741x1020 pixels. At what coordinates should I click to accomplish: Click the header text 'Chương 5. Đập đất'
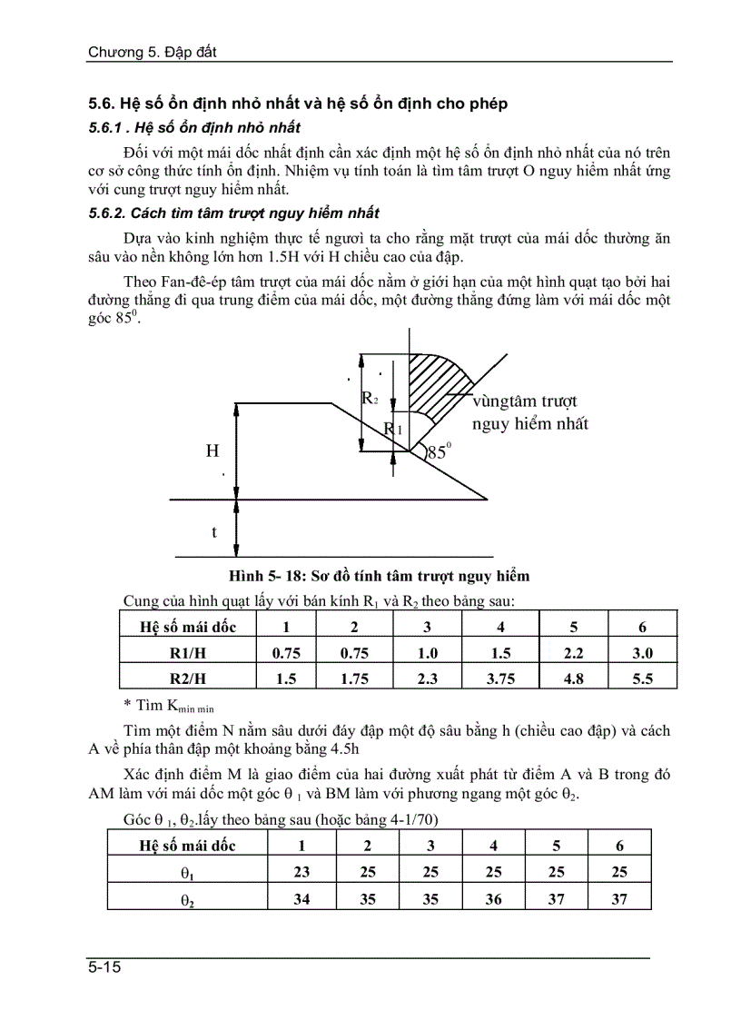pyautogui.click(x=152, y=52)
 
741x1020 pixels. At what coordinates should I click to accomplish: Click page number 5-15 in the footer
pyautogui.click(x=105, y=967)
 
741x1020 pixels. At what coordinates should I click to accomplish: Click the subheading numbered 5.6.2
pyautogui.click(x=233, y=213)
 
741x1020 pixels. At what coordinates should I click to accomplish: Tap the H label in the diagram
pyautogui.click(x=212, y=451)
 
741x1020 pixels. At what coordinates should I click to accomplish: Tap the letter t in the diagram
pyautogui.click(x=214, y=532)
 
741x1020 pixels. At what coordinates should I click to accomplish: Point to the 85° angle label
pyautogui.click(x=439, y=450)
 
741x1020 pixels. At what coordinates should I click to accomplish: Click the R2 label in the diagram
pyautogui.click(x=370, y=398)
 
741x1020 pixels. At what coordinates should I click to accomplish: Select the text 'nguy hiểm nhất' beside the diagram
pyautogui.click(x=529, y=424)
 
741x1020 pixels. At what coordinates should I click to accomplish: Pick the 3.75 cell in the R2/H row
pyautogui.click(x=500, y=678)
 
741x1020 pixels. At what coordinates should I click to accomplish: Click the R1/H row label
pyautogui.click(x=188, y=652)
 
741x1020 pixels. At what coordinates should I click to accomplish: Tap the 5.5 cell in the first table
pyautogui.click(x=642, y=678)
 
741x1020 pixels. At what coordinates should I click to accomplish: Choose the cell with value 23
pyautogui.click(x=301, y=872)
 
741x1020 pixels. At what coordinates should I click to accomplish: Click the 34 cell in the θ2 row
pyautogui.click(x=301, y=898)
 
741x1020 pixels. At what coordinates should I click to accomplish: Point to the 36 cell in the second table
pyautogui.click(x=493, y=898)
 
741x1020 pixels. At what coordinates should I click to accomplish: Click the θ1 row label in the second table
pyautogui.click(x=187, y=873)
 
